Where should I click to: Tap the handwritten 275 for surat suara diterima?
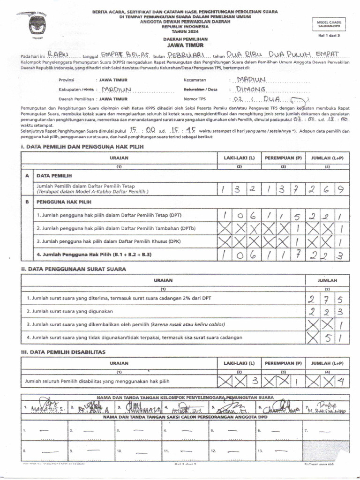point(327,300)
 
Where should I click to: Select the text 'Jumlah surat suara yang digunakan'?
point(70,311)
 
